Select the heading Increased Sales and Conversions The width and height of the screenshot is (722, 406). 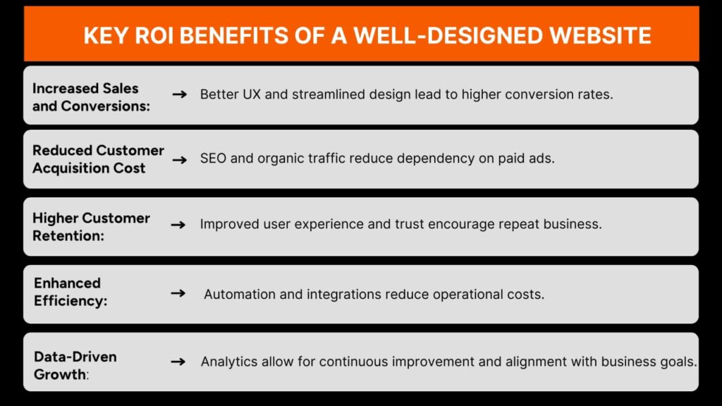click(85, 97)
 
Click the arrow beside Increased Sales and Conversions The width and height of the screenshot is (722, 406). click(180, 93)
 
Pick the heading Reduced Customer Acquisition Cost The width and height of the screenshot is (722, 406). click(98, 159)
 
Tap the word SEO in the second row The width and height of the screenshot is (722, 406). click(214, 159)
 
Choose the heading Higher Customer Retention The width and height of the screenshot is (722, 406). click(91, 226)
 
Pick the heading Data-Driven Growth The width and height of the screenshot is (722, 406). click(75, 365)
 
